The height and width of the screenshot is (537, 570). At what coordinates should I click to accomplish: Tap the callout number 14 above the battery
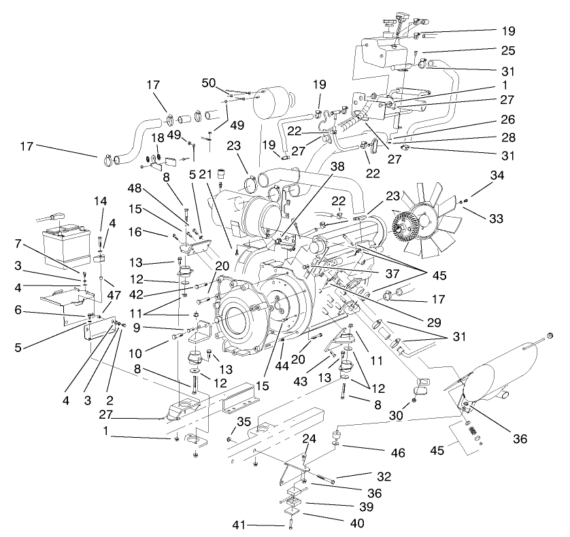[x=101, y=201]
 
